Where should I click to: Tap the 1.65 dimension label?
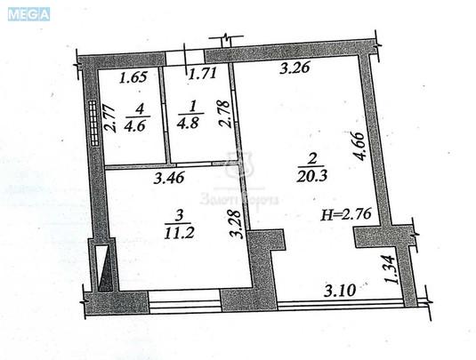pos(133,77)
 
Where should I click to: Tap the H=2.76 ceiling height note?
pos(350,215)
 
